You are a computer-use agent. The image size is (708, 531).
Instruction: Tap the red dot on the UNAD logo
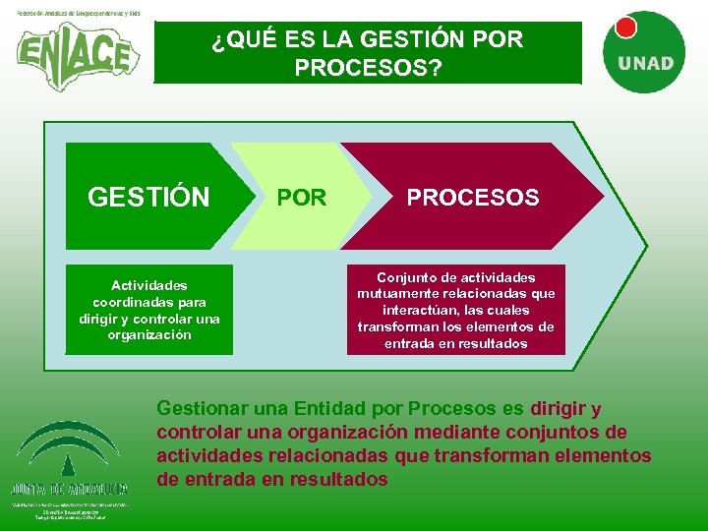pyautogui.click(x=626, y=27)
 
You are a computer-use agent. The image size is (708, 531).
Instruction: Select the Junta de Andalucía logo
pyautogui.click(x=69, y=462)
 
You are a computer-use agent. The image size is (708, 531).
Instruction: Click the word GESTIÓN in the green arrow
pyautogui.click(x=148, y=198)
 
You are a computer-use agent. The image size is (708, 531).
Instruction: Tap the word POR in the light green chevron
pyautogui.click(x=302, y=198)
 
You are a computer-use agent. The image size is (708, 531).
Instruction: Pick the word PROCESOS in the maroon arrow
pyautogui.click(x=473, y=198)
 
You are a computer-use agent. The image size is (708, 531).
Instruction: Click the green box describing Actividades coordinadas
pyautogui.click(x=149, y=310)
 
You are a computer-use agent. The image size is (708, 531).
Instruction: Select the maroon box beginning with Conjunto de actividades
pyautogui.click(x=455, y=310)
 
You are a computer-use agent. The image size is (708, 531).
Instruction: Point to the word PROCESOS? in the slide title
pyautogui.click(x=368, y=68)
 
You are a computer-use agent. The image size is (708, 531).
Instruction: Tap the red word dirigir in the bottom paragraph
pyautogui.click(x=558, y=408)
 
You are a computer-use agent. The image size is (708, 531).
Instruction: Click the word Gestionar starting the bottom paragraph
pyautogui.click(x=203, y=408)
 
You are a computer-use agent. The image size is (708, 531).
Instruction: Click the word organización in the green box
pyautogui.click(x=149, y=335)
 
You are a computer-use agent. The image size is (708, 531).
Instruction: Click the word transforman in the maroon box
pyautogui.click(x=398, y=326)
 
